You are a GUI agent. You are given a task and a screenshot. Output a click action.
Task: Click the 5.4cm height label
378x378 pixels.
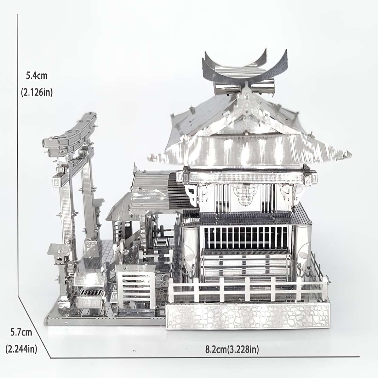click(37, 76)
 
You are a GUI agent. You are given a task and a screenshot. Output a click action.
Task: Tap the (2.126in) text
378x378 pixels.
click(37, 93)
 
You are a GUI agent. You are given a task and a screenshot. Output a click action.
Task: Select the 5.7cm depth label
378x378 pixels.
click(21, 333)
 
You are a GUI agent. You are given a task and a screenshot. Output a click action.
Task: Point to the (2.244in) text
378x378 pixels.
click(21, 349)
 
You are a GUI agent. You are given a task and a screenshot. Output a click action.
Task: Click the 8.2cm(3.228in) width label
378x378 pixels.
click(232, 349)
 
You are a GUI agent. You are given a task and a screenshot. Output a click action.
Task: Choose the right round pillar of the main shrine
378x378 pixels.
click(303, 249)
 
